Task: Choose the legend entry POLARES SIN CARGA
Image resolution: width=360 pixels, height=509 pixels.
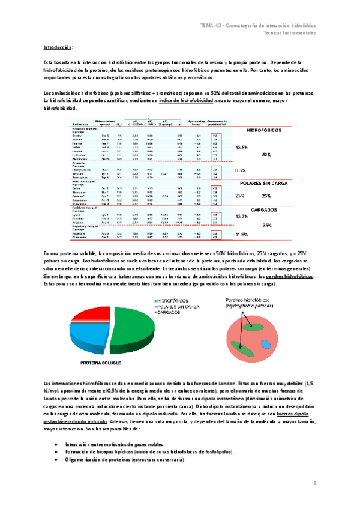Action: [x=182, y=306]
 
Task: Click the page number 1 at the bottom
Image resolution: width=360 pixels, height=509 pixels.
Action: [x=315, y=483]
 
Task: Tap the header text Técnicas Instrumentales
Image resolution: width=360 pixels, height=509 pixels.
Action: [x=290, y=33]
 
